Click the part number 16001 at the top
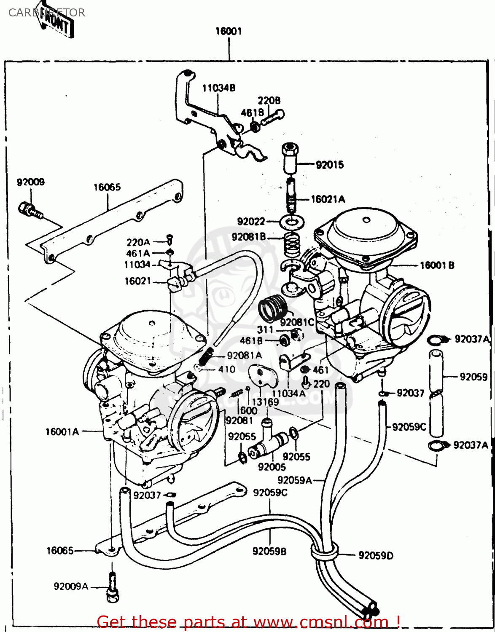(228, 31)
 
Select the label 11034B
(218, 88)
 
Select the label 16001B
(437, 265)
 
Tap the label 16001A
(62, 431)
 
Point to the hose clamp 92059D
(324, 552)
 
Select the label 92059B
(269, 551)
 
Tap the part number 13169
(265, 402)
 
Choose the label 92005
(272, 467)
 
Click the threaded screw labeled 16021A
(291, 195)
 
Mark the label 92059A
(294, 480)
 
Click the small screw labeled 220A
(169, 238)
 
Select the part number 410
(226, 369)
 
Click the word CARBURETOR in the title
(46, 13)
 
